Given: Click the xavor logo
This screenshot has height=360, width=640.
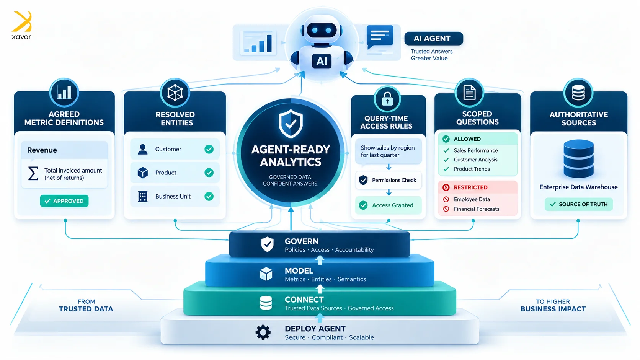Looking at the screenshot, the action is click(x=21, y=25).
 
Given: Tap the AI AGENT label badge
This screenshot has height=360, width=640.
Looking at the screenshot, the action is click(x=433, y=39).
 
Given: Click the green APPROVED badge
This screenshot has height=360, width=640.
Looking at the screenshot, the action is click(x=64, y=201).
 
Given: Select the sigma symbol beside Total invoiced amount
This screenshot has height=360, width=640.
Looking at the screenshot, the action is click(x=33, y=174).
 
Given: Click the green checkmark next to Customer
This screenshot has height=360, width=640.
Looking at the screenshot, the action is click(x=209, y=149).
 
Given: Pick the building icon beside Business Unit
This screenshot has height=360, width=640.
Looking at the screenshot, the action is click(x=142, y=196).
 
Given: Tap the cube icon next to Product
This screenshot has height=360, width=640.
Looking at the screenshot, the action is click(x=142, y=173).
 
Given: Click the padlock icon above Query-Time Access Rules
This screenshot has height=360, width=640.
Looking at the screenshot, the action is click(x=387, y=99).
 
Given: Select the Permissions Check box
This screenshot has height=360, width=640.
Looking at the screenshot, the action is click(x=388, y=180).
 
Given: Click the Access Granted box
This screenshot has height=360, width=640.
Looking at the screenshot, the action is click(x=388, y=205).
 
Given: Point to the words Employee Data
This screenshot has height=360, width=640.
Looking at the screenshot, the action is click(x=472, y=199).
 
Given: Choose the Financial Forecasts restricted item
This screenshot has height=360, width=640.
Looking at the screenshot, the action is click(x=476, y=209).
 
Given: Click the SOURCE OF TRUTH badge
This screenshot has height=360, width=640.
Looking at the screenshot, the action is click(x=579, y=204).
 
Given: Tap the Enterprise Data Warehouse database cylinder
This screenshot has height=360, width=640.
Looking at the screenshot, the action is click(x=579, y=158).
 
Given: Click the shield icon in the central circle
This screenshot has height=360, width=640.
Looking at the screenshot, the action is click(x=291, y=124).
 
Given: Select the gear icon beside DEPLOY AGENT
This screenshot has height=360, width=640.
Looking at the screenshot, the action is click(x=263, y=332).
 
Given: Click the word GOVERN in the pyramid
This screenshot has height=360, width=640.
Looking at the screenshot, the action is click(x=301, y=241).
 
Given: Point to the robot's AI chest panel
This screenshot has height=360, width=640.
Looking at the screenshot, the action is click(x=322, y=61).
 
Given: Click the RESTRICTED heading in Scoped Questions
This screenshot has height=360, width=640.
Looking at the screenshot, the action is click(x=470, y=187).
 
